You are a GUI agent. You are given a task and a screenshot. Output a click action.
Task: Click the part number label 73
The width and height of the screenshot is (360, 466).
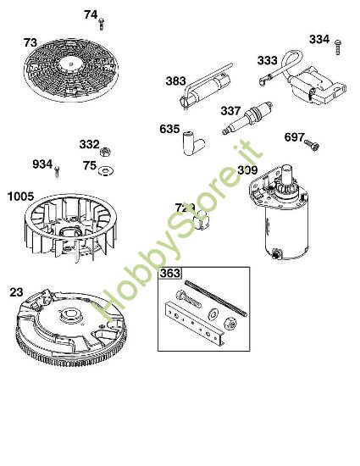coord(30,42)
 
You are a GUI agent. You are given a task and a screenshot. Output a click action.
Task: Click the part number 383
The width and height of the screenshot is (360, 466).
coord(175,81)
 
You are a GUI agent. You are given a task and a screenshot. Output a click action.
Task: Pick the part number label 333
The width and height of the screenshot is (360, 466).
coord(268,60)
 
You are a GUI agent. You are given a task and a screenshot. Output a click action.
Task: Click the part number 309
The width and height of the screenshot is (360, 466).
coord(247,170)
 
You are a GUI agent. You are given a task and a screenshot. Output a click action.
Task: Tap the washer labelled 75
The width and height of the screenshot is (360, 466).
coord(106,169)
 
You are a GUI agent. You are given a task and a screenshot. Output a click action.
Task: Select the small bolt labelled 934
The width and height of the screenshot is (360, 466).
coord(57,171)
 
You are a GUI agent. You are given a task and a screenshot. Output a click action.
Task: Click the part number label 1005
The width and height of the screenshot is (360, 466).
coord(20,197)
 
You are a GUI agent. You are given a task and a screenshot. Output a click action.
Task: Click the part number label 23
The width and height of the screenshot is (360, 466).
coord(16,291)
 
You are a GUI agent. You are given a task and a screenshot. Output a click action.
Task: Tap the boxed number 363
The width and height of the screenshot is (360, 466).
coord(170,274)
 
